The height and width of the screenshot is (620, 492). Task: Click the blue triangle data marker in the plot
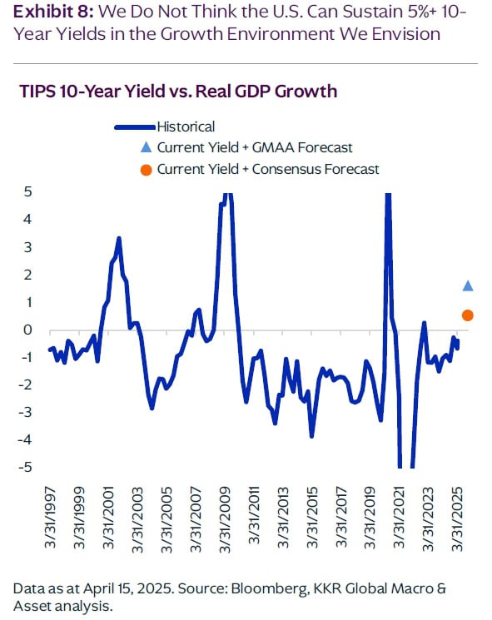pyautogui.click(x=468, y=286)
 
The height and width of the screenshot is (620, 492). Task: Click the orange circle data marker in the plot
pyautogui.click(x=468, y=315)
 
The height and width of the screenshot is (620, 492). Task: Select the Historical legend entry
pyautogui.click(x=186, y=126)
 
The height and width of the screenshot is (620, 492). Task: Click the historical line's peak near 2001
pyautogui.click(x=119, y=239)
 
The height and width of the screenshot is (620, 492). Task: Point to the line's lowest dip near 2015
pyautogui.click(x=312, y=435)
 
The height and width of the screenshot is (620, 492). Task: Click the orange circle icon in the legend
pyautogui.click(x=146, y=169)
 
